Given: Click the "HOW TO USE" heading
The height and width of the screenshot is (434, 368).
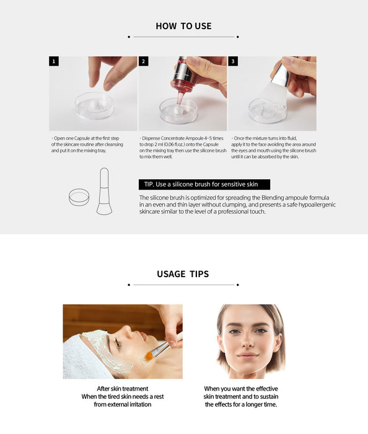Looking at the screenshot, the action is coord(183,26).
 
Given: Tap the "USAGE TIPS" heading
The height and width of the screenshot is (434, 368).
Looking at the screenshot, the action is coord(183,274).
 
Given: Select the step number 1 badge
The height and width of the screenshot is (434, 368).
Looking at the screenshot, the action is coord(54,61).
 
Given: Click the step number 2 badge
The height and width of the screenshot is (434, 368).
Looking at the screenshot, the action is coord(144,61).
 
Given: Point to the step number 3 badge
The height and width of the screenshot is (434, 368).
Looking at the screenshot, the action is coord(233,61).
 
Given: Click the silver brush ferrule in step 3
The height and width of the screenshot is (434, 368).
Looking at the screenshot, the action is coord(280,75).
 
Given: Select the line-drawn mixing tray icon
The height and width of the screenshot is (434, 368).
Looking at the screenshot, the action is coord(79,197).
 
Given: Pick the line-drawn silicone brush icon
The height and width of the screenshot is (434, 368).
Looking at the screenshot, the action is coord(104,191).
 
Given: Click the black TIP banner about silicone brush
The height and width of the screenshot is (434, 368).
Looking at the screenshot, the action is coord(204,184).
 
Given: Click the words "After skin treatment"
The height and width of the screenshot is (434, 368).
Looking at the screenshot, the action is coord(123,389).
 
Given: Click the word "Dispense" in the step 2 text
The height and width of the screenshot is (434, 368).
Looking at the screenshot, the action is coord(151,138).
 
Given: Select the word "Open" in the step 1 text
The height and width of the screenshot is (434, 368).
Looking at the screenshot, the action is coord(59,138).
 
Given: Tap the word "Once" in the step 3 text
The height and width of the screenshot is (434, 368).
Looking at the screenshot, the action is coord(239,138).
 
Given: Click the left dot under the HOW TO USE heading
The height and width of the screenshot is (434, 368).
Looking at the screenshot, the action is coord(129,37).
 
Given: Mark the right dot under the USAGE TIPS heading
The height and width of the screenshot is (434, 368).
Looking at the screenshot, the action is coord(238,285).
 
